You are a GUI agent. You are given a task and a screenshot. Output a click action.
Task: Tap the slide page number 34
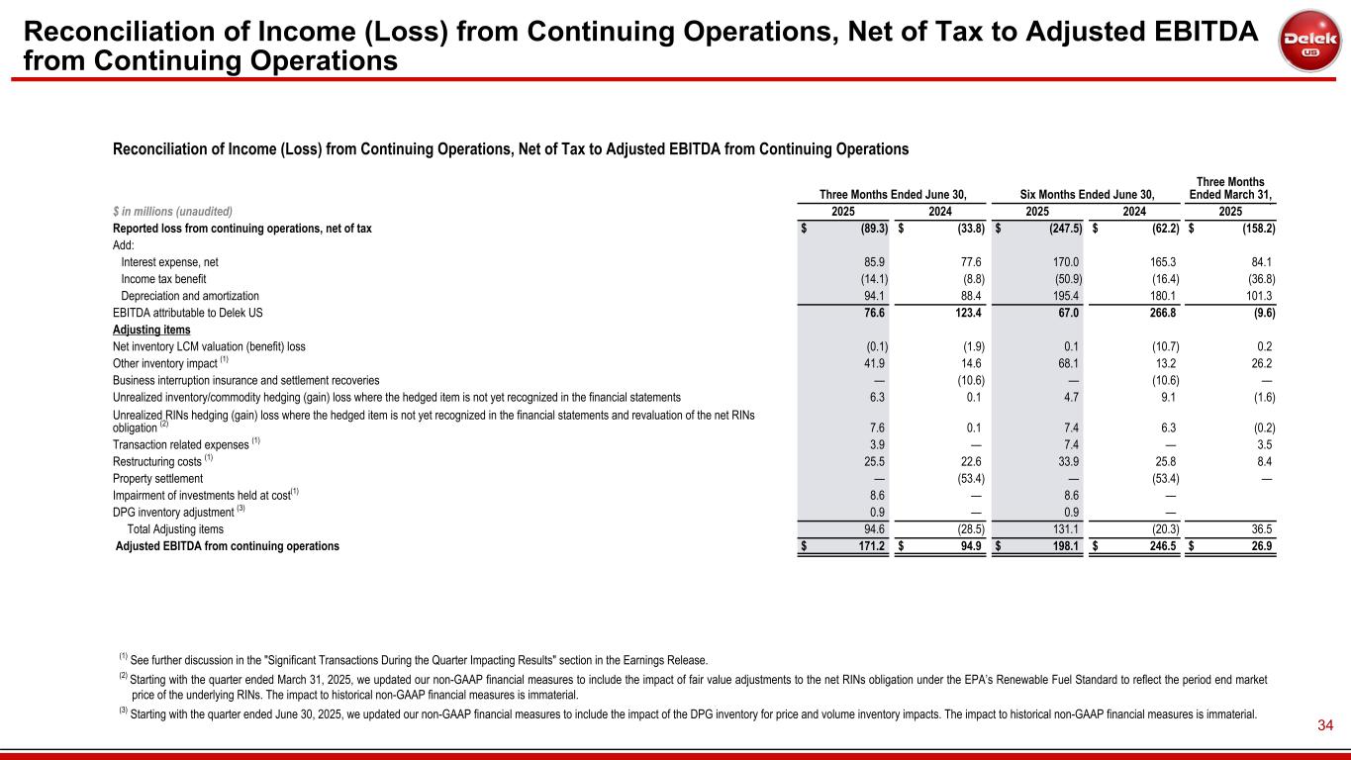coord(1325,727)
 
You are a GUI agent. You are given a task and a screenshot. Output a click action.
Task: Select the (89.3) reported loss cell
coord(868,229)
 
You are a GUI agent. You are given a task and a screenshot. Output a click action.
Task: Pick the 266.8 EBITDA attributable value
coord(1157,313)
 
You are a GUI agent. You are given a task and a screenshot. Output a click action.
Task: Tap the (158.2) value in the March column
coord(1252,229)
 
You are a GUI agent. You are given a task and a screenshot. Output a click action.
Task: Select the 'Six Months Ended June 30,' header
coord(1087,194)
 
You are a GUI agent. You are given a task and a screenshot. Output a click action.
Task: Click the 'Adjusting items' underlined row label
coord(151,330)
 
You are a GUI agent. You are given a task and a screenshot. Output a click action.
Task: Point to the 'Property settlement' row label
coord(158,479)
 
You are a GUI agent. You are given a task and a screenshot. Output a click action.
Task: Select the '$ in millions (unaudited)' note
coord(172,211)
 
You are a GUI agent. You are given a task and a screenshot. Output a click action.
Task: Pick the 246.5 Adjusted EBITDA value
coord(1157,546)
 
